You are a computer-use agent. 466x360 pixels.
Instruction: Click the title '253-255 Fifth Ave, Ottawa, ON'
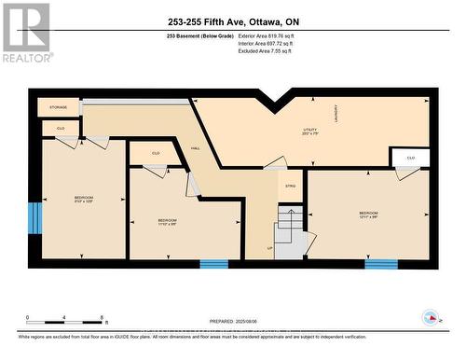(x=233, y=21)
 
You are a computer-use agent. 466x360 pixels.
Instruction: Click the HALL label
(x=196, y=147)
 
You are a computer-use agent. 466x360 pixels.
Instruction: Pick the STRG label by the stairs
(x=289, y=186)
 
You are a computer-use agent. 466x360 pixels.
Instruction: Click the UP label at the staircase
(x=270, y=248)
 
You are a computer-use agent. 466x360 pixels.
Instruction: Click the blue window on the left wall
(x=34, y=217)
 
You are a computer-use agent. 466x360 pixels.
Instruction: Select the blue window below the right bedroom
(x=380, y=264)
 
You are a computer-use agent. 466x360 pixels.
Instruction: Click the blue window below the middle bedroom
(x=214, y=264)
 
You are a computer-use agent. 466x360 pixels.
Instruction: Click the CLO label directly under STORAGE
(x=61, y=128)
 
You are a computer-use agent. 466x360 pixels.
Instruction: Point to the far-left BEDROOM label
(x=84, y=198)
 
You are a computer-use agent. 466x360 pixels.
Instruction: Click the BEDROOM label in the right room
(x=369, y=214)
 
